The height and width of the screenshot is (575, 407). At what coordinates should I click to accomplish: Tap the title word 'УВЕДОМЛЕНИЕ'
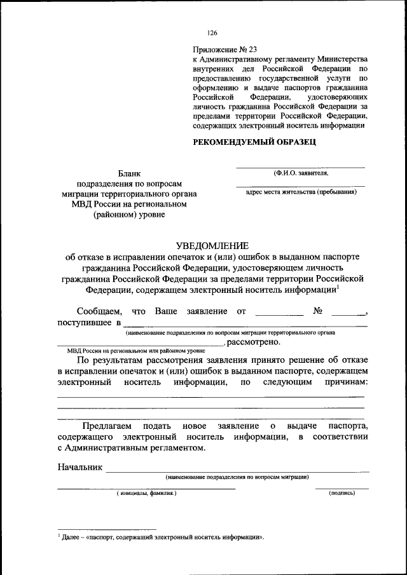click(212, 246)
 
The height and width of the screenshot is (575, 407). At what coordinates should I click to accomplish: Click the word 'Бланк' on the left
click(130, 173)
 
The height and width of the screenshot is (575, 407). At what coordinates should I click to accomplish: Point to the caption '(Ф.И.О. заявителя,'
click(301, 172)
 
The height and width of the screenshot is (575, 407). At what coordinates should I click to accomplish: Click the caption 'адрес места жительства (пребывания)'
click(301, 191)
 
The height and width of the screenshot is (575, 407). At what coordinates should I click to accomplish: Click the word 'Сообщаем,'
click(99, 311)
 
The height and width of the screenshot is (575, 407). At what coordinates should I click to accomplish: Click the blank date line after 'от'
click(279, 313)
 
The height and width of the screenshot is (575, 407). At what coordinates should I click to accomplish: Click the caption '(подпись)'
click(342, 493)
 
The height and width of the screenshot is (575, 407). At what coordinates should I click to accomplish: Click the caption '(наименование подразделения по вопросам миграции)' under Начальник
click(237, 477)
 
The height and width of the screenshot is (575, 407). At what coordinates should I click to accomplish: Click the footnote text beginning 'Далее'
click(162, 537)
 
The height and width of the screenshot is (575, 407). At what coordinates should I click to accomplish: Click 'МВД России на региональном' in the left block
click(130, 204)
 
